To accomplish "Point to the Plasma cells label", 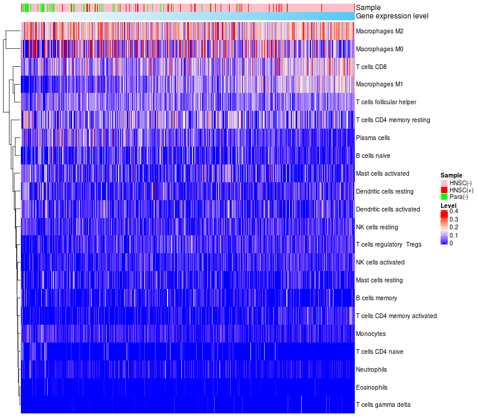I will click(x=373, y=138).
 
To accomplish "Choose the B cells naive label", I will click(x=373, y=155).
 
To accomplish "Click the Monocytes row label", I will click(x=370, y=334).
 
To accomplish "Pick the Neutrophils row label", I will click(x=371, y=369).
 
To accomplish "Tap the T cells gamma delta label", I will click(x=383, y=405).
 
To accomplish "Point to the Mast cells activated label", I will click(x=382, y=173).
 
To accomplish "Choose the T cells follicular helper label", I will click(x=386, y=102).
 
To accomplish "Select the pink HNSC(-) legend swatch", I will click(x=444, y=182).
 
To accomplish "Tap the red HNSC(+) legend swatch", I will click(x=444, y=189).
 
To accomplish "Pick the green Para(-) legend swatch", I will click(x=444, y=197).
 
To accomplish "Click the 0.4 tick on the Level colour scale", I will click(x=454, y=211).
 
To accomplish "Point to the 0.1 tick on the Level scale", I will click(x=454, y=235).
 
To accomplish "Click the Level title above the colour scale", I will click(x=448, y=205).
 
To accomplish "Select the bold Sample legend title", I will click(x=451, y=175).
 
